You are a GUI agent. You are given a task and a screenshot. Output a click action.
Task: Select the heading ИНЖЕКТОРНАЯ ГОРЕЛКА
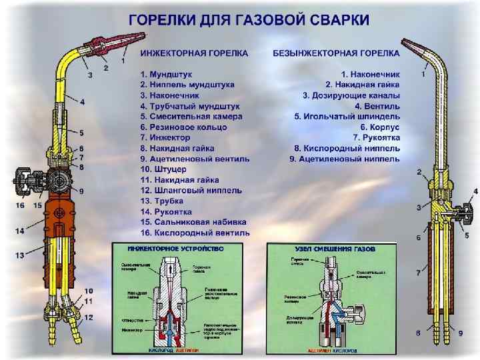[x=194, y=52]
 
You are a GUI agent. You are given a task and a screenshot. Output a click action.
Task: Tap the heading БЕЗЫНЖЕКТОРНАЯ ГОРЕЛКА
[x=337, y=52]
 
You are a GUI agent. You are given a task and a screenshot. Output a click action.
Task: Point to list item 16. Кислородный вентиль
[x=195, y=233]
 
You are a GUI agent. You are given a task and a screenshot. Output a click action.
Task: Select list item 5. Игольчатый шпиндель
[x=347, y=116]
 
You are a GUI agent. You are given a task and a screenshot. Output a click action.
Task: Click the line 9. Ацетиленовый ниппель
[x=345, y=159]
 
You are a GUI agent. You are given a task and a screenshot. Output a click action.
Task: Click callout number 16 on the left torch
[x=19, y=206]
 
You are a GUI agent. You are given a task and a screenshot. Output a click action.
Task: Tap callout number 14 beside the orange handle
[x=19, y=231]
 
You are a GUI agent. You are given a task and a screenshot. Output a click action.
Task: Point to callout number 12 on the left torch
[x=89, y=317]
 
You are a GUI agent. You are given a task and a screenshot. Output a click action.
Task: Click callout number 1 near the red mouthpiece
[x=123, y=61]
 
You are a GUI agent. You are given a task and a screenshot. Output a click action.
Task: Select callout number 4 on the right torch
[x=475, y=191]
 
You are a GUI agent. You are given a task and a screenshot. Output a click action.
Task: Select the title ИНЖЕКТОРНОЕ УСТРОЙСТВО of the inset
[x=167, y=248]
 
